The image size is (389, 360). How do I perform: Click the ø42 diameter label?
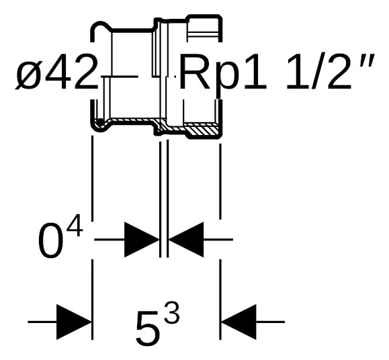pos(56,73)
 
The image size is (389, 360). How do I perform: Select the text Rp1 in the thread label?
pos(224,73)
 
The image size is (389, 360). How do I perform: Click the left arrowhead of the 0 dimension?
pos(141,240)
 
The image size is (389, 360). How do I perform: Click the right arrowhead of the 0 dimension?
pos(186,240)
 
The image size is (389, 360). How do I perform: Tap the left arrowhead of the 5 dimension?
pos(74,322)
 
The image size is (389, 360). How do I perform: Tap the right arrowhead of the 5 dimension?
pos(239,322)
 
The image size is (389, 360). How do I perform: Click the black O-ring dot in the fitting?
pos(100,122)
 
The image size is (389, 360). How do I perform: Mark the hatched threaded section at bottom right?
pos(202,129)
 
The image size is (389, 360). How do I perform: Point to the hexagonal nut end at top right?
pos(204,26)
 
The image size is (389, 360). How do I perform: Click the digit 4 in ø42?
pos(57,73)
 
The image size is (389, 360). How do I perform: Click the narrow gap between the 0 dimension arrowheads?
pos(164,240)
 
